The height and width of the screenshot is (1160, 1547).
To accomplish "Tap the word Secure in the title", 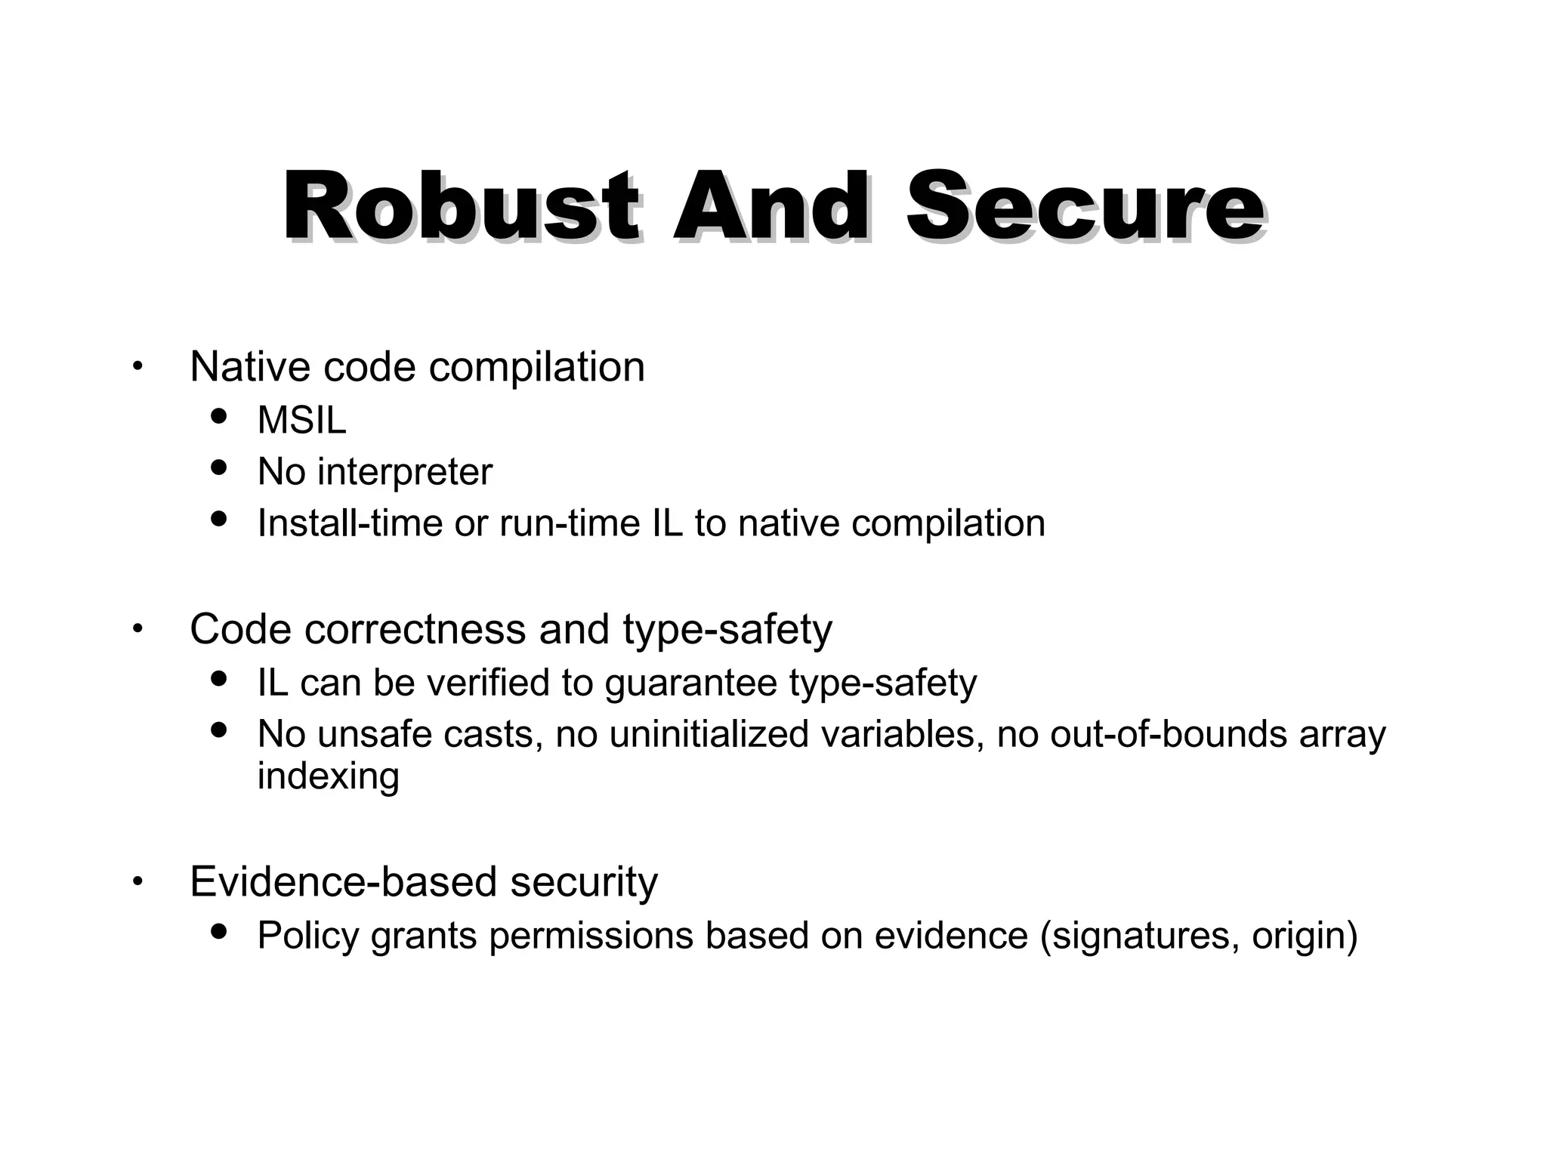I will click(x=1085, y=206).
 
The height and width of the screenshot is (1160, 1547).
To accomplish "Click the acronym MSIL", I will click(x=301, y=420).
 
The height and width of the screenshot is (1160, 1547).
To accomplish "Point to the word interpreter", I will click(x=405, y=472).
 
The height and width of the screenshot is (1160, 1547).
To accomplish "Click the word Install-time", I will click(x=350, y=523).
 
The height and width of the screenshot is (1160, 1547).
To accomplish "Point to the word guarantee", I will click(x=691, y=684).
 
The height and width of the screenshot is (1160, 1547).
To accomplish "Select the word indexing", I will click(x=328, y=776).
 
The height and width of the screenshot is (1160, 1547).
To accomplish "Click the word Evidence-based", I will click(x=343, y=881).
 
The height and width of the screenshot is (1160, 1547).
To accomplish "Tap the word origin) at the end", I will click(x=1305, y=936).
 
